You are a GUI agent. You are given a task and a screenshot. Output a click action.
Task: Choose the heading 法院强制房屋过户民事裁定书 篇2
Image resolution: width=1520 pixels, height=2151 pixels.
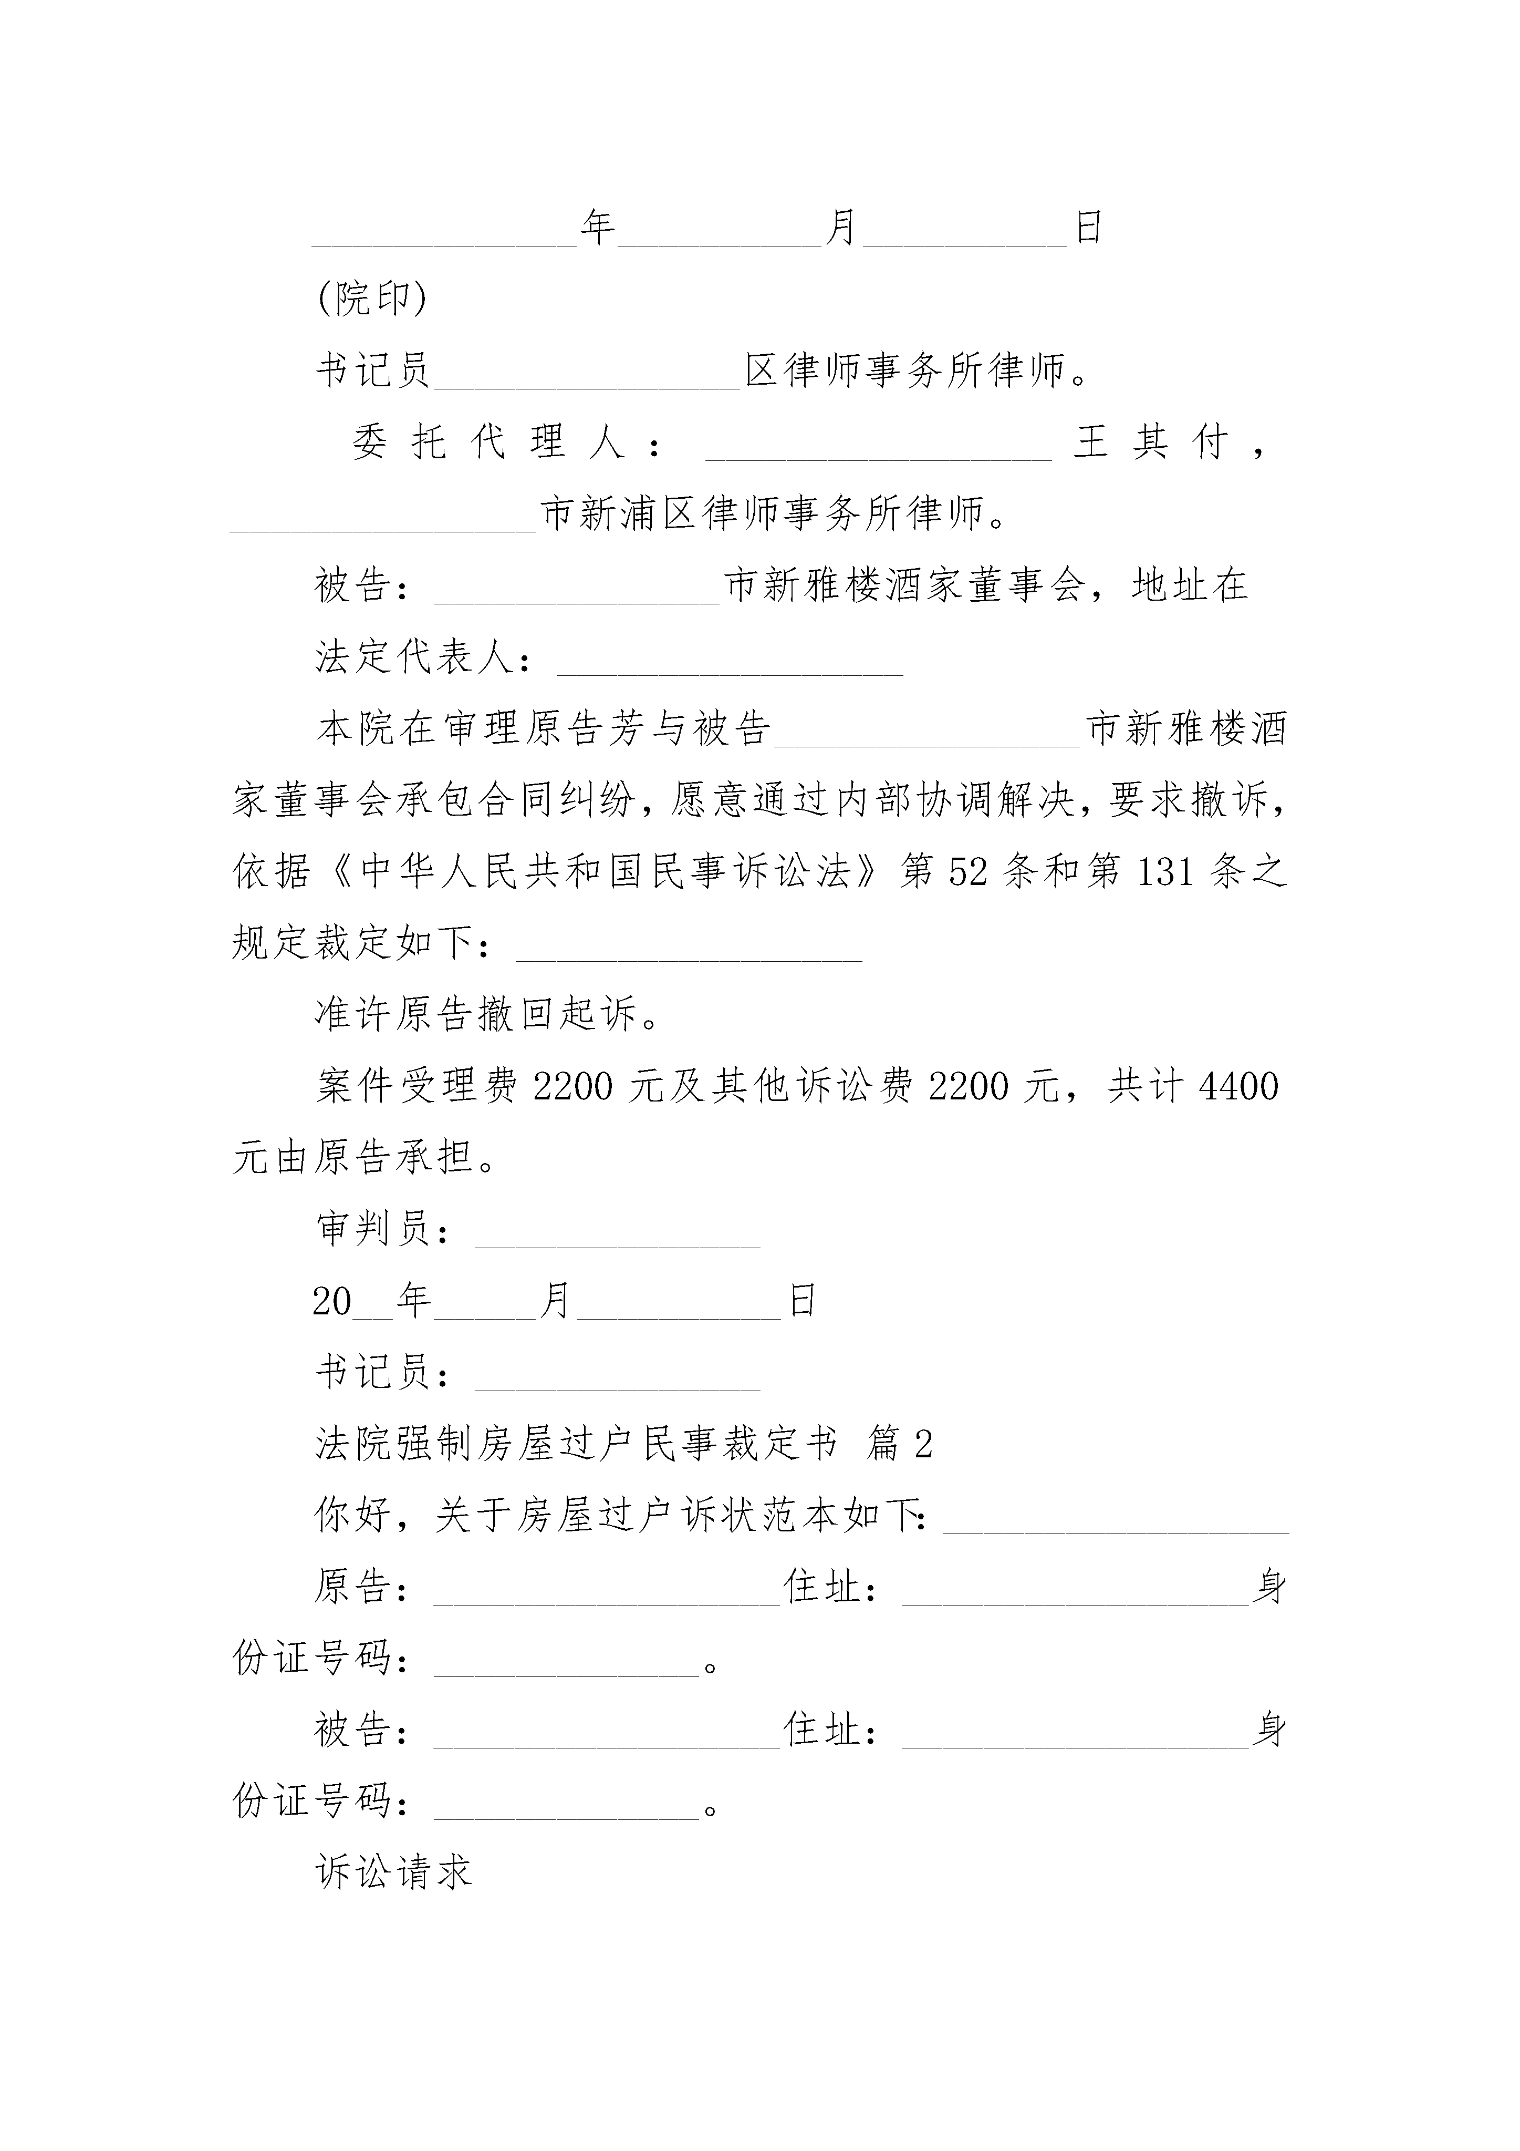point(624,1444)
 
